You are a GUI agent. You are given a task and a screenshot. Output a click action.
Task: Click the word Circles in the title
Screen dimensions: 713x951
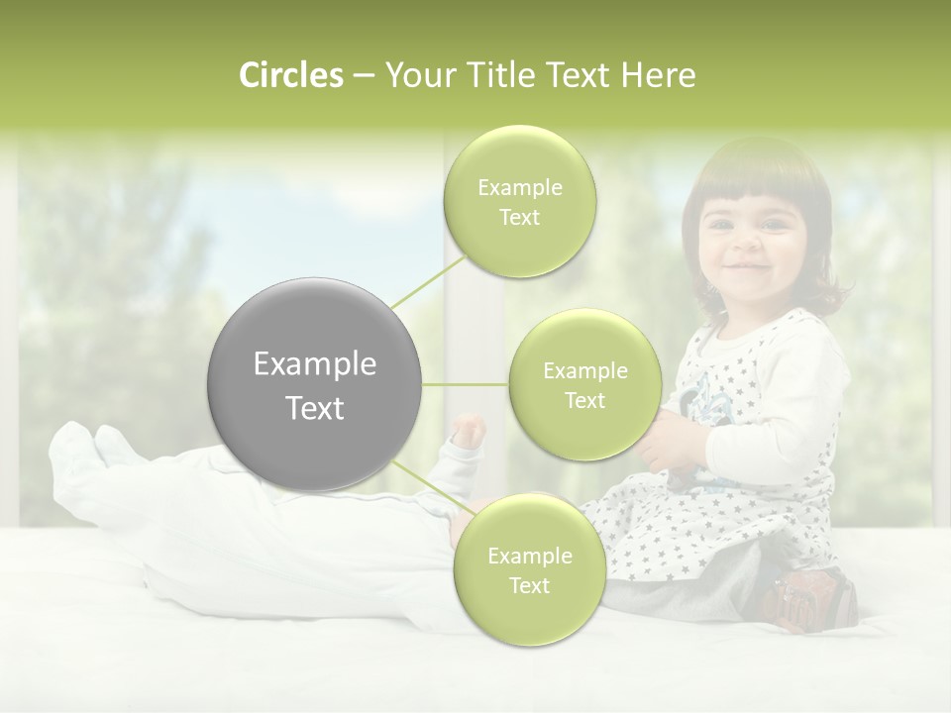click(x=291, y=75)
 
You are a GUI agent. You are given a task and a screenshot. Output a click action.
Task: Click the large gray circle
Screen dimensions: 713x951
click(x=315, y=384)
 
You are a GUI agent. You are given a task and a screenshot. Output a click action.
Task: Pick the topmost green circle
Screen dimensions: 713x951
click(x=520, y=201)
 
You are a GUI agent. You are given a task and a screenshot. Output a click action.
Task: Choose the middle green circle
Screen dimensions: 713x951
click(x=584, y=384)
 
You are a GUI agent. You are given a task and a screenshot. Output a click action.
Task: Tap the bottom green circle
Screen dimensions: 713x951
click(x=529, y=569)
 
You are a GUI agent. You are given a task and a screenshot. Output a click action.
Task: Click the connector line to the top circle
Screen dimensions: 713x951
click(x=428, y=283)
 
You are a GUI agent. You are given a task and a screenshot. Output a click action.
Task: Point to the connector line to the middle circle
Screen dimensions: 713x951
click(x=466, y=384)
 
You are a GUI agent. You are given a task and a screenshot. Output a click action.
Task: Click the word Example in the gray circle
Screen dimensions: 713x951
click(x=315, y=364)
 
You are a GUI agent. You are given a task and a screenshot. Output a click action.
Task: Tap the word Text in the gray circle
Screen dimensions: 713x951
click(x=315, y=408)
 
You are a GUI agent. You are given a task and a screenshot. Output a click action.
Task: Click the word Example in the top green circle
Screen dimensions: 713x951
click(x=520, y=187)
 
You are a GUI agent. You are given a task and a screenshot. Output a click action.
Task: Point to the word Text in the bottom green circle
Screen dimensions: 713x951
click(x=529, y=585)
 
